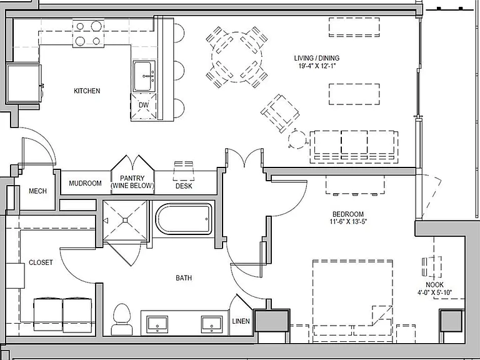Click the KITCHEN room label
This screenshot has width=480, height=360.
[x=87, y=91]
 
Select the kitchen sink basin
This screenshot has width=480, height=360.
[x=142, y=76]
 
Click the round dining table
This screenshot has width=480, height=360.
[x=237, y=57]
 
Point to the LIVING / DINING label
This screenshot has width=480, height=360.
[x=317, y=58]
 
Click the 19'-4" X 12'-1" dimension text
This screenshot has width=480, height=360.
[x=317, y=66]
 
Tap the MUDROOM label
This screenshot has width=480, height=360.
[x=85, y=183]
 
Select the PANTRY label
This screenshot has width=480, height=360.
[x=132, y=178]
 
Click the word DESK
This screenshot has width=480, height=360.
[x=184, y=186]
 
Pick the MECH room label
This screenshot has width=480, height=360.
[x=37, y=191]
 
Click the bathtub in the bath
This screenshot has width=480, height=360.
[x=184, y=219]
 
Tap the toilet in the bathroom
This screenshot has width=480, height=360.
[x=122, y=319]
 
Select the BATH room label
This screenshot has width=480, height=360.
[x=184, y=278]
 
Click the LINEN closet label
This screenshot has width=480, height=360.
[x=241, y=321]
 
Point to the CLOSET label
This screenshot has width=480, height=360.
[x=41, y=262]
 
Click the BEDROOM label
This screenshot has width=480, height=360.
[x=348, y=214]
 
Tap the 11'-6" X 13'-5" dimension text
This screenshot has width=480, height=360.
[x=348, y=222]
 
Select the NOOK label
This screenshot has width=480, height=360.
[x=435, y=285]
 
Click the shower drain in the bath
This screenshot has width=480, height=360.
[x=125, y=221]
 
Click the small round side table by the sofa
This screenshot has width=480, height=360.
[x=297, y=139]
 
